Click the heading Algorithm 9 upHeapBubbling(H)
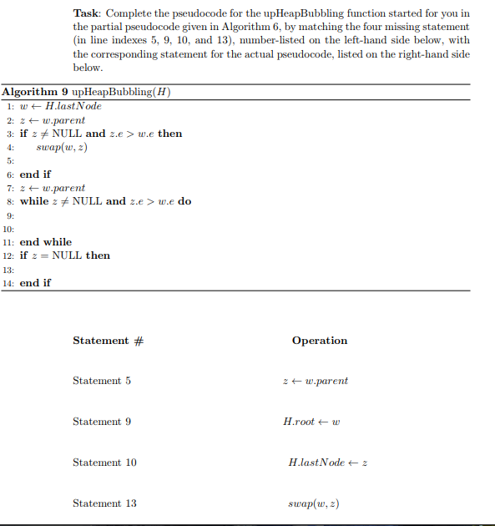tap(87, 92)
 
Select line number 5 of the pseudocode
tap(9, 160)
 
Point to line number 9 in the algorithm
tap(9, 215)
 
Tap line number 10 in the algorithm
tap(8, 228)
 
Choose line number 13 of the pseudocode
tap(8, 270)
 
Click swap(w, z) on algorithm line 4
tap(62, 147)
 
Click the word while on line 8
tap(34, 201)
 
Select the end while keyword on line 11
tap(46, 242)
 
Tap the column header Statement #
tap(108, 341)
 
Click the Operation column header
tap(319, 341)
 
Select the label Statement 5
tap(102, 381)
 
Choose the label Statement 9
tap(102, 422)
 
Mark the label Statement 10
tap(104, 463)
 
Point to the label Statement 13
tap(104, 503)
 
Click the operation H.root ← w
tap(311, 422)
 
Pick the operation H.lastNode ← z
tap(328, 463)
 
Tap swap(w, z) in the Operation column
tap(311, 503)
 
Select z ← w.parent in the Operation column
tap(316, 381)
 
